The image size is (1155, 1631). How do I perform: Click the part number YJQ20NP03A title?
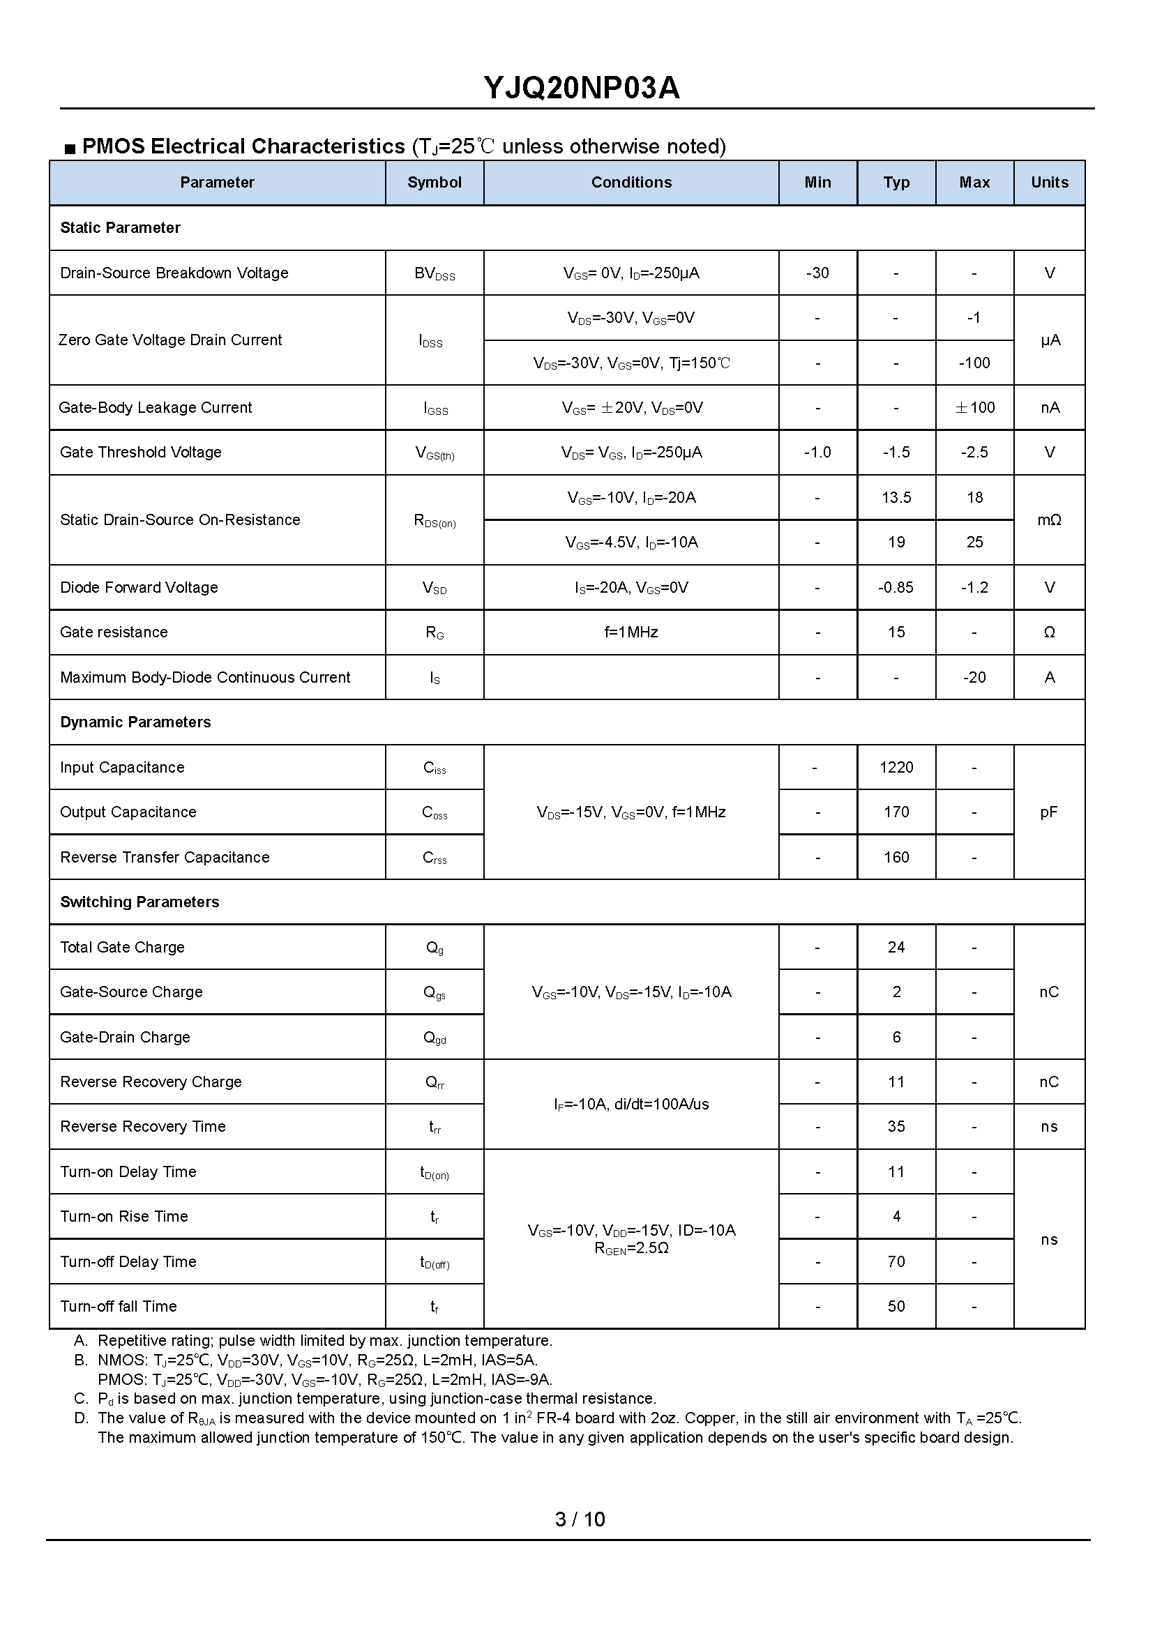coord(581,88)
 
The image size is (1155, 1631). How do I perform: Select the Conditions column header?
coord(631,183)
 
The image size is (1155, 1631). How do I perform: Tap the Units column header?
coord(1049,183)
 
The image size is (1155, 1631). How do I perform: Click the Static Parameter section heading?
coord(120,227)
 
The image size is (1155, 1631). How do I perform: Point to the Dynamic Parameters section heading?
coord(135,722)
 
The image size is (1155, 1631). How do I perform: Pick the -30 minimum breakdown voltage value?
coord(817,273)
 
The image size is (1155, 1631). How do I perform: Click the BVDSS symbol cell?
coord(435,274)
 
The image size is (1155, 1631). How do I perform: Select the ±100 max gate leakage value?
coord(974,407)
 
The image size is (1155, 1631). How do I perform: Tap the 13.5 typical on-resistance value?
coord(896,498)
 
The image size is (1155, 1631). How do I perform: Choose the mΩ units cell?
coord(1049,519)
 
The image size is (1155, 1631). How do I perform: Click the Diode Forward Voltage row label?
coord(139,587)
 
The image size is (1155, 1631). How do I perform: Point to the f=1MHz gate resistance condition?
coord(631,632)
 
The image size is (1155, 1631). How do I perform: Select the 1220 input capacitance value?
coord(896,767)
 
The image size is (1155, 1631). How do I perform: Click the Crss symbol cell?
coord(435,858)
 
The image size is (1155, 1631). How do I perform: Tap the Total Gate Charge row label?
coord(122,947)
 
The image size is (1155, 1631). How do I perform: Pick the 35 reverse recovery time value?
coord(896,1127)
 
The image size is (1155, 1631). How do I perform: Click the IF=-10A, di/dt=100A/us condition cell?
coord(631,1104)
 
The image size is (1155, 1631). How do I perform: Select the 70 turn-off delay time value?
coord(896,1262)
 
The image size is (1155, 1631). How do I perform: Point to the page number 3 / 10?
coord(580,1519)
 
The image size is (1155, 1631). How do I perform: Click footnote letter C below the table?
coord(81,1399)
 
